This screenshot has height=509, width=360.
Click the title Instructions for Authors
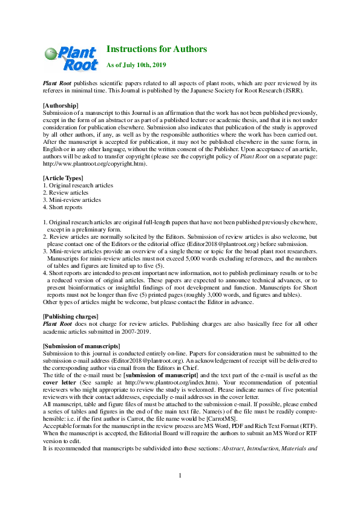[x=157, y=49]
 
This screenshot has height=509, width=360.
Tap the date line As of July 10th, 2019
[x=136, y=64]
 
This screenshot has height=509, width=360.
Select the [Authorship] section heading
[x=61, y=106]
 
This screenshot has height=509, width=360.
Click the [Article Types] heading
[x=63, y=178]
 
